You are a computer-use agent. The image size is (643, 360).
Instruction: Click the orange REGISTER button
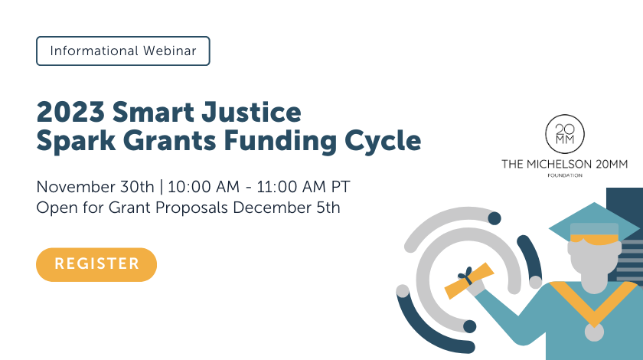point(96,264)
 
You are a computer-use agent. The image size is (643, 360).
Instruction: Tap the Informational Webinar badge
point(122,51)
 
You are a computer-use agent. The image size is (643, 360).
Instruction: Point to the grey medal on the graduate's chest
point(592,332)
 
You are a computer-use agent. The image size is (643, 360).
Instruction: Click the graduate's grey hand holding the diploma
point(476,288)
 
